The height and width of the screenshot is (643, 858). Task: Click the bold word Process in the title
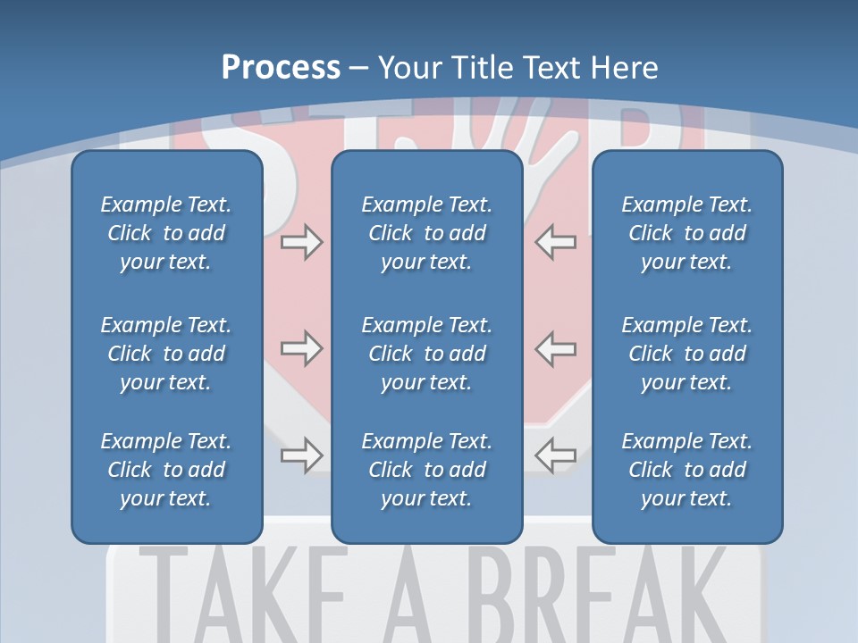click(281, 68)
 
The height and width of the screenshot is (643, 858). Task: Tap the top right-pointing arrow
click(301, 242)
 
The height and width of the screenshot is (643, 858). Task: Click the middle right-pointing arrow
click(301, 348)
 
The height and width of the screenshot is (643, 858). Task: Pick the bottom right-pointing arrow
click(301, 455)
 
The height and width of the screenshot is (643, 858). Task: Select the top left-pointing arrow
click(555, 242)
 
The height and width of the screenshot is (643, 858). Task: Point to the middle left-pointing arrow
click(555, 348)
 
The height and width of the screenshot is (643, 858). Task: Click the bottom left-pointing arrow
click(555, 455)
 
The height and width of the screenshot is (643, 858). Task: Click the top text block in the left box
click(166, 233)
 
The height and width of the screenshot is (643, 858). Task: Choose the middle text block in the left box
click(166, 354)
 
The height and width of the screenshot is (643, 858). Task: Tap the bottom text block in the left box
click(166, 470)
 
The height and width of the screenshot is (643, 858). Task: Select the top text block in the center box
click(427, 233)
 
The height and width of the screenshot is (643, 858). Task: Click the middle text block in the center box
click(427, 354)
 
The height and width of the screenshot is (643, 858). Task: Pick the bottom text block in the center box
click(427, 470)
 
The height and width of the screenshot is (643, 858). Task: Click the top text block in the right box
click(687, 233)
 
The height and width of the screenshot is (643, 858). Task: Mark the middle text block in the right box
click(687, 354)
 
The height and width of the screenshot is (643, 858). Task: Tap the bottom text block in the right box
click(687, 470)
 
